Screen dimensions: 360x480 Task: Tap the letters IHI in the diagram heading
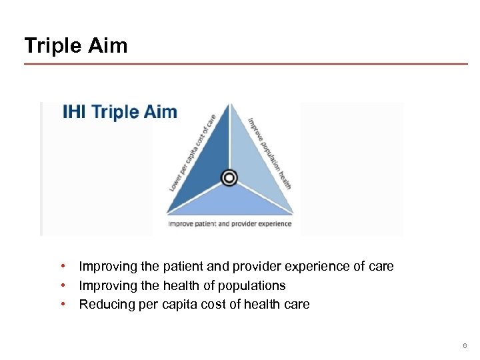[75, 111]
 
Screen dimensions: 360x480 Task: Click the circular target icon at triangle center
[229, 177]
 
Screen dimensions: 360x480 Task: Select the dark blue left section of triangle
[207, 160]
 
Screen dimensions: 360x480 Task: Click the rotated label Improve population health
[270, 153]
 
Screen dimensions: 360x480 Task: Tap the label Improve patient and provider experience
[229, 224]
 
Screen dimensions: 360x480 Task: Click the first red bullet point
[62, 267]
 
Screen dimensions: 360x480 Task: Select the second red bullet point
[62, 285]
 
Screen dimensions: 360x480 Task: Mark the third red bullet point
[62, 305]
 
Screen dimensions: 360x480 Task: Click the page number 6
[465, 345]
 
